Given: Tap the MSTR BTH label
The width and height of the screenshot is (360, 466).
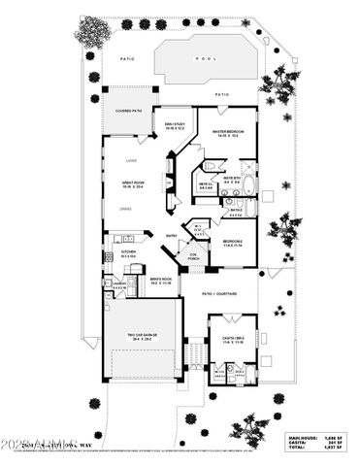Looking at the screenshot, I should coord(232,179).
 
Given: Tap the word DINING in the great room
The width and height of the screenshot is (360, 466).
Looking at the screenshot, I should coord(124,210).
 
